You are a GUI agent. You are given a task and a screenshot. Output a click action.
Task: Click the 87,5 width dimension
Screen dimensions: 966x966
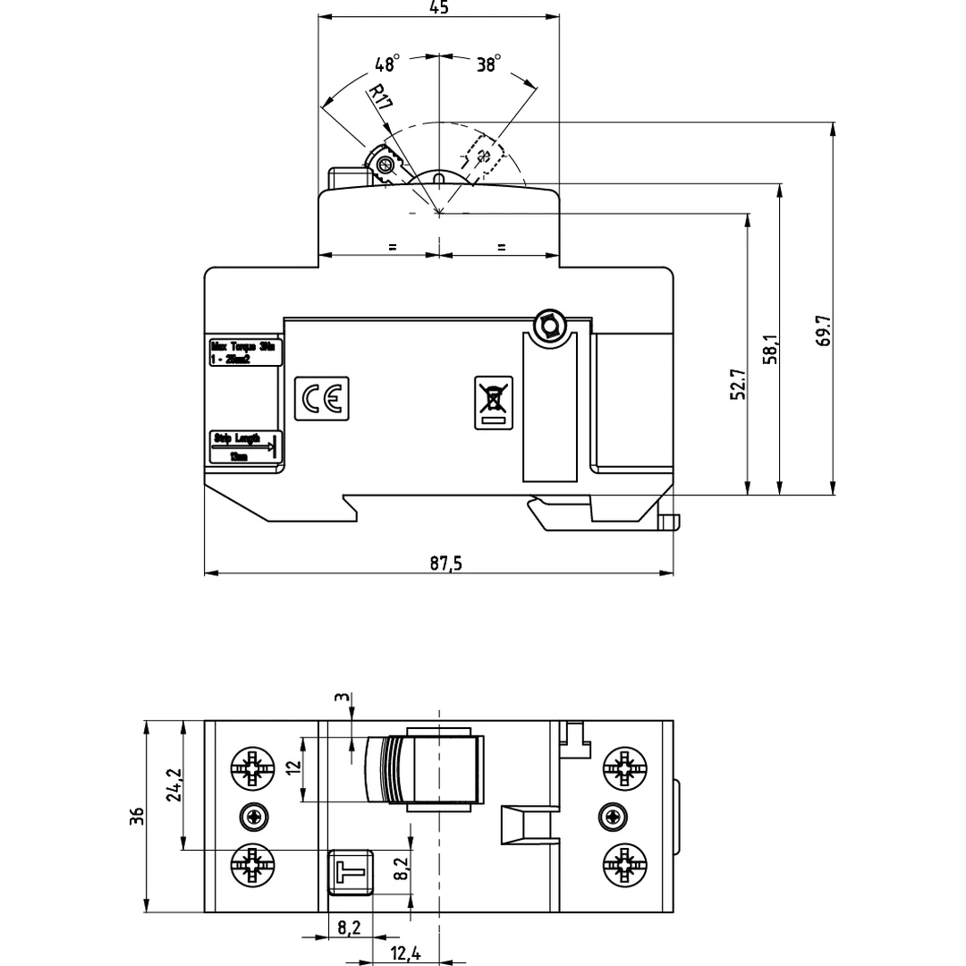coord(439,563)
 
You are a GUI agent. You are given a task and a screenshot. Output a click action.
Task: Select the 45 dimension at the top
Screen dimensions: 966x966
coord(438,8)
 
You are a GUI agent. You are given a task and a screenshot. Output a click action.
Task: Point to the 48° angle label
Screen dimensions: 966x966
coord(387,64)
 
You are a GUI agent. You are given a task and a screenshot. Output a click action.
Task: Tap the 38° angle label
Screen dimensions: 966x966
coord(488,64)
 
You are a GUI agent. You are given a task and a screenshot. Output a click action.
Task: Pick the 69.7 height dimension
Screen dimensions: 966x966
coord(824,329)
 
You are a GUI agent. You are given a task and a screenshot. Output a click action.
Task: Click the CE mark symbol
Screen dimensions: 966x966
coord(322,398)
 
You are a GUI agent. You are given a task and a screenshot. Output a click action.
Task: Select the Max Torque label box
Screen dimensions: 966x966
coord(245,352)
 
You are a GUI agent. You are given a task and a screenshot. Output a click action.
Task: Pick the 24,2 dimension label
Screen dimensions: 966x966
coord(174,785)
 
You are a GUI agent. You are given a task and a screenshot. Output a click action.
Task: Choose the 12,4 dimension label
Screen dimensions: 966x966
coord(405,954)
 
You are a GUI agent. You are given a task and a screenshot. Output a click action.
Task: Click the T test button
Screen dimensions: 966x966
coord(351,870)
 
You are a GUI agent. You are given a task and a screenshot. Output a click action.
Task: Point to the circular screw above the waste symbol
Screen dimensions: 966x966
coord(547,326)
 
